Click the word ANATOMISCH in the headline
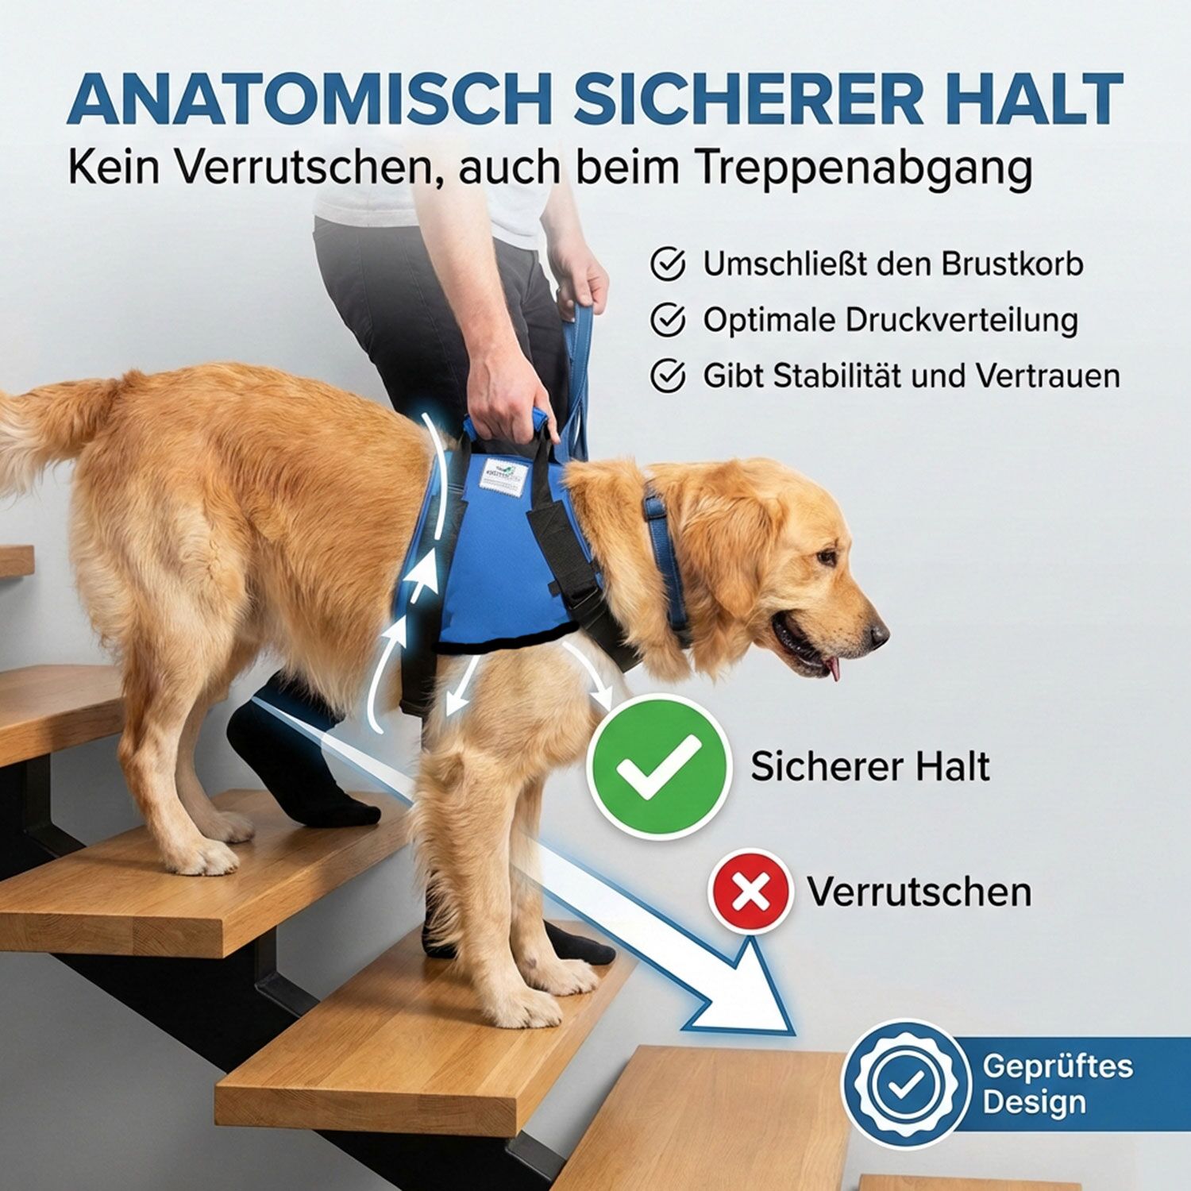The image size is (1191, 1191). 310,99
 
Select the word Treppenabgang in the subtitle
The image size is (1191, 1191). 863,168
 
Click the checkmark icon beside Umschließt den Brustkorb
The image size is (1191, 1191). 668,264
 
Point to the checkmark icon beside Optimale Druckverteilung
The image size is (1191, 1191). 668,320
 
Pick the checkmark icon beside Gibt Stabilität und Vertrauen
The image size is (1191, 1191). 668,376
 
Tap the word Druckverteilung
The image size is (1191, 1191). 961,320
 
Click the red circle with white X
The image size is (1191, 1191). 750,891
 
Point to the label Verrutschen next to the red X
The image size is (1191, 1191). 919,892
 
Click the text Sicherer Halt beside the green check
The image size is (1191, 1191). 870,767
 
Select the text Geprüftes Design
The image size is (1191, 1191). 1056,1084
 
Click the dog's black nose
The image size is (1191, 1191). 878,634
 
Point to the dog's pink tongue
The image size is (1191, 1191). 834,669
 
